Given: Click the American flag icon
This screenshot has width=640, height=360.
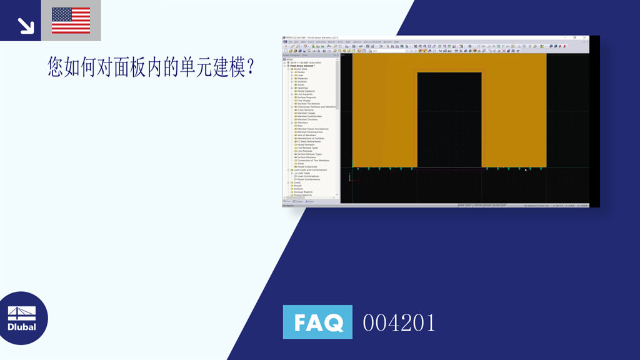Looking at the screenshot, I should (71, 21).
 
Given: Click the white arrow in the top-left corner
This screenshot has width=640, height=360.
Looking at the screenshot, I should (25, 25).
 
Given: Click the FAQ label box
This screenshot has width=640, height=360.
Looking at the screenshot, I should (317, 322).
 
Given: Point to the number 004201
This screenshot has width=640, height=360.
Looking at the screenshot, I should (399, 322).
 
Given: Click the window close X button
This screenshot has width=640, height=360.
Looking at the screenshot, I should (584, 37).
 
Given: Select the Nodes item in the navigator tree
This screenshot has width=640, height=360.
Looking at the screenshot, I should (301, 72).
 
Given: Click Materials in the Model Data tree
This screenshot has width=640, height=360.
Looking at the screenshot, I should (302, 78).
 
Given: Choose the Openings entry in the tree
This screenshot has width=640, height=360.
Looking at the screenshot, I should (302, 87).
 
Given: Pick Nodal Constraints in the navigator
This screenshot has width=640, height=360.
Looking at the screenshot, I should (307, 167).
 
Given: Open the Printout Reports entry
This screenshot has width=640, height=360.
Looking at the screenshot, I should (303, 195).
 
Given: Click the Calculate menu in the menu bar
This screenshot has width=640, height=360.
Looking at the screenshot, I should (338, 42).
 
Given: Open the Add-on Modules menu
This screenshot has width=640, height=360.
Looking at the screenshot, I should (372, 42).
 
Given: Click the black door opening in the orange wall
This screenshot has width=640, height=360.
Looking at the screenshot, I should (449, 119).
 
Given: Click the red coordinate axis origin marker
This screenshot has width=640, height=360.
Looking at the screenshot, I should (351, 180).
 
